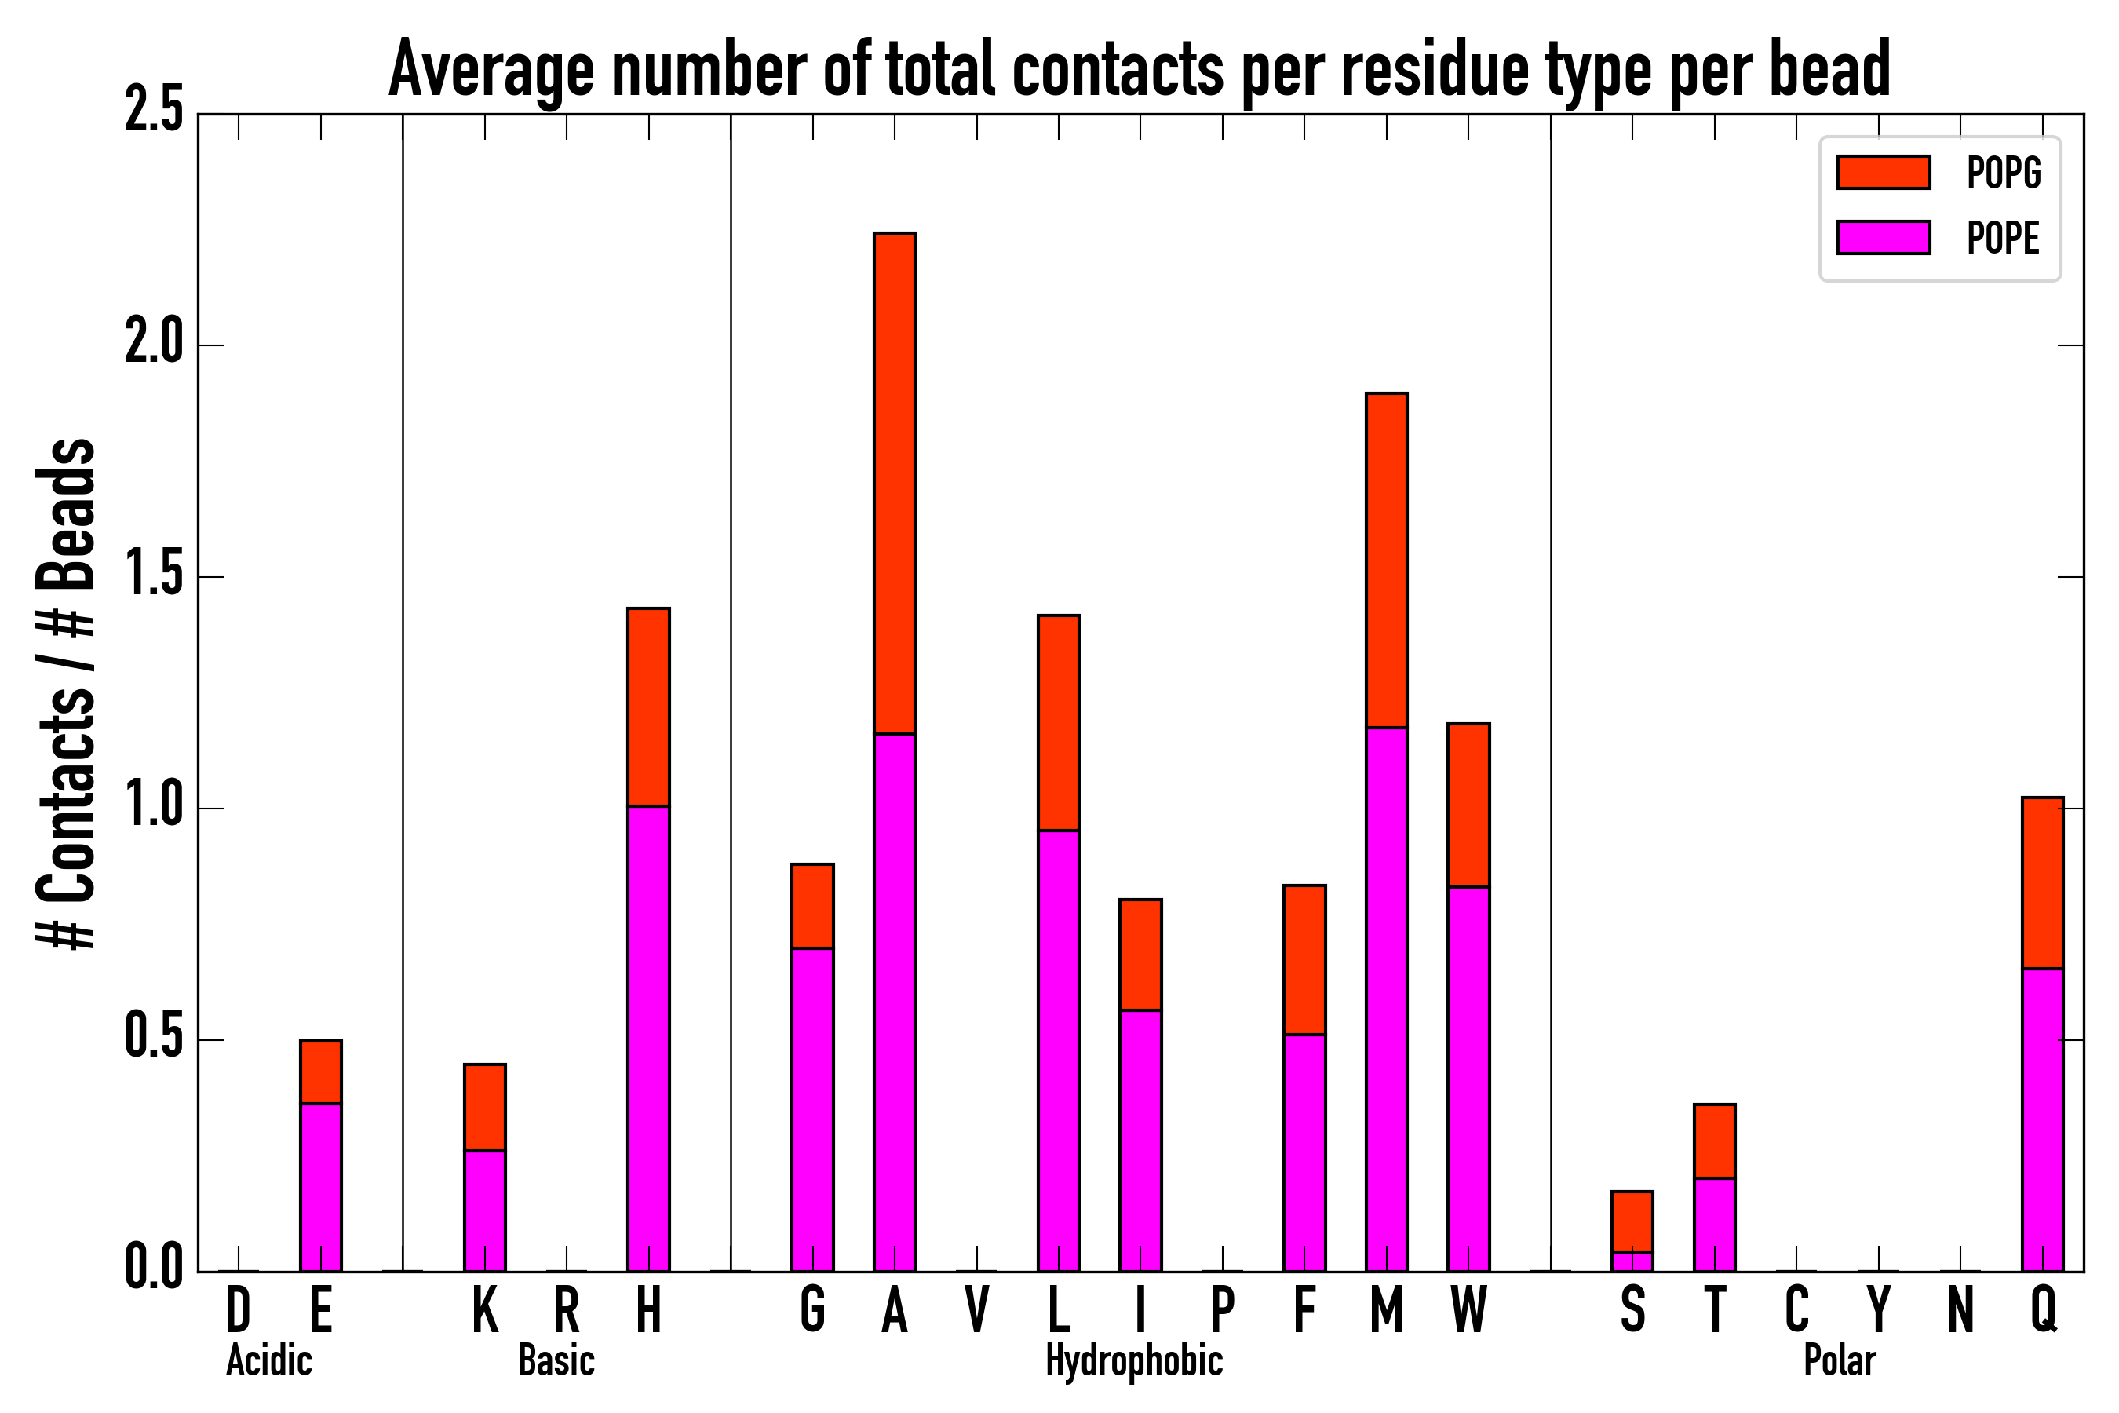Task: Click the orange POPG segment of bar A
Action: coord(894,483)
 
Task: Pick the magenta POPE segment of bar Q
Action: coord(2042,1119)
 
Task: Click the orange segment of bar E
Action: coord(321,1072)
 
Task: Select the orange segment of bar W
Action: coord(1468,805)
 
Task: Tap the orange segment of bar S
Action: coord(1632,1221)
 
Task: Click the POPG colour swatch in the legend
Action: coord(1883,172)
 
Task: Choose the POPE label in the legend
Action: coord(2003,238)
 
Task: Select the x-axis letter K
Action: coord(485,1309)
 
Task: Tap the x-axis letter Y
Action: coord(1878,1309)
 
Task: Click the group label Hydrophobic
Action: coord(1133,1360)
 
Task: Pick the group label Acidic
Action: coord(268,1360)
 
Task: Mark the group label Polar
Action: coord(1839,1360)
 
